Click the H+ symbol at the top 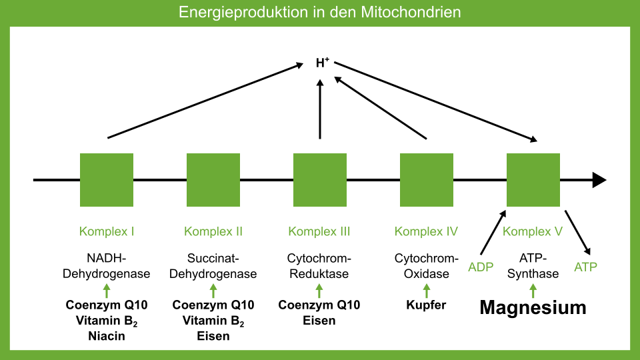pyautogui.click(x=323, y=63)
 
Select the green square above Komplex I pyautogui.click(x=107, y=180)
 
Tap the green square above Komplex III pyautogui.click(x=320, y=180)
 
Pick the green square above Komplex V pyautogui.click(x=533, y=180)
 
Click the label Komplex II pyautogui.click(x=213, y=232)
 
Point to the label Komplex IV pyautogui.click(x=427, y=232)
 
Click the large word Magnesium pyautogui.click(x=533, y=307)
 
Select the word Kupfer pyautogui.click(x=427, y=305)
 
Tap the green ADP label pyautogui.click(x=481, y=267)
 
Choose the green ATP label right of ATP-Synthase pyautogui.click(x=586, y=267)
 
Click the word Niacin pyautogui.click(x=107, y=336)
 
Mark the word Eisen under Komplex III pyautogui.click(x=320, y=321)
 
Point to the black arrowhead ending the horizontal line pyautogui.click(x=599, y=180)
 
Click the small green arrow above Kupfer pyautogui.click(x=427, y=290)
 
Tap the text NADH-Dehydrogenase pyautogui.click(x=107, y=266)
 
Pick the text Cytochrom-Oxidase pyautogui.click(x=427, y=266)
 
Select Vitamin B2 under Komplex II pyautogui.click(x=213, y=321)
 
